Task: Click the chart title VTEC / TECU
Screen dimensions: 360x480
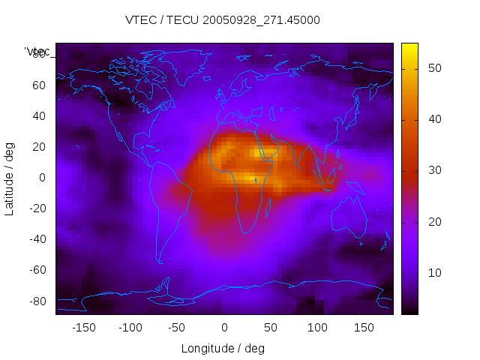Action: point(223,20)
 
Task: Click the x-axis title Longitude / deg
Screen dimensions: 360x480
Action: point(223,348)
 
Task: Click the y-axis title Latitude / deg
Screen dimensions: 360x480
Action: point(10,178)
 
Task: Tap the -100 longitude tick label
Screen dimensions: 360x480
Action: point(130,327)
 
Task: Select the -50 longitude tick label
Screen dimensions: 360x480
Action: point(177,327)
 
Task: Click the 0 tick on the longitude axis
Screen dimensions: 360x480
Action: point(223,327)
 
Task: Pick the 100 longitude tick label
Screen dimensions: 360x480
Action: point(317,327)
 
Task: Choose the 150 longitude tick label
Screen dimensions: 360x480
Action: point(364,327)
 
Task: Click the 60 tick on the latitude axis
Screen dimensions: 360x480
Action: point(39,85)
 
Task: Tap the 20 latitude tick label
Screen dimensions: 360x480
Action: point(39,147)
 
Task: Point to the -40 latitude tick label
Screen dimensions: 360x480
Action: point(37,239)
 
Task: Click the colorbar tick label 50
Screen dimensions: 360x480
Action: point(434,68)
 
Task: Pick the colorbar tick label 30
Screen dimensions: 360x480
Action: point(434,170)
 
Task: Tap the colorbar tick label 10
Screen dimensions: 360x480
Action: point(434,272)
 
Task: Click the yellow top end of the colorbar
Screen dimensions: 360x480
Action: point(409,46)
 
